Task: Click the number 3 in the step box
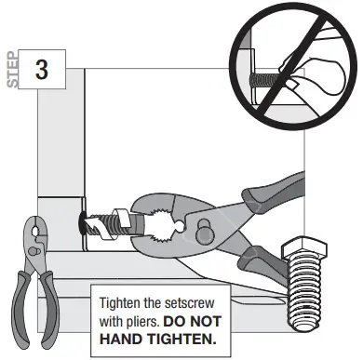click(43, 69)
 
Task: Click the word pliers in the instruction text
click(152, 319)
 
